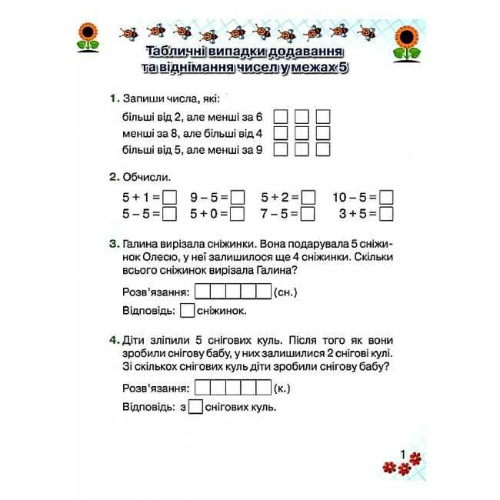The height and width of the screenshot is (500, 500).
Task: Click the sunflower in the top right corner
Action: [x=408, y=42]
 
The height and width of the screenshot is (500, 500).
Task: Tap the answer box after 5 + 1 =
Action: [x=170, y=198]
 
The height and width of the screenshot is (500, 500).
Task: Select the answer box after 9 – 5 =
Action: [x=238, y=198]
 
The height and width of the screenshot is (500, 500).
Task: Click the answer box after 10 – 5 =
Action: [x=387, y=198]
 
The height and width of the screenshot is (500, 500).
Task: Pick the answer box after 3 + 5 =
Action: [x=387, y=214]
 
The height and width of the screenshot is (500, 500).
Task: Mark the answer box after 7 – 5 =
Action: [x=308, y=214]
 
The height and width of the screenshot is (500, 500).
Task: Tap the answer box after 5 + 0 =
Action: [x=238, y=214]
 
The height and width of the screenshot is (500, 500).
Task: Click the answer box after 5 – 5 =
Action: [x=170, y=214]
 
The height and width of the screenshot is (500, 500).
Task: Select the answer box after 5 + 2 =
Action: [x=308, y=198]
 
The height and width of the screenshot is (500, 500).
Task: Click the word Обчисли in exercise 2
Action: [x=147, y=177]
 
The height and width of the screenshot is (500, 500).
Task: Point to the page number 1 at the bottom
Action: [x=402, y=455]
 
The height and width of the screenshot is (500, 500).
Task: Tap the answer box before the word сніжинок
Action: [x=187, y=312]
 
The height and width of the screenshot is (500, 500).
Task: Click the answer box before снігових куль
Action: [x=195, y=407]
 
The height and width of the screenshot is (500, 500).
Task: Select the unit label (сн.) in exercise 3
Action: [x=285, y=292]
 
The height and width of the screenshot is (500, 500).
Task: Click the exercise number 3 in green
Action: [x=113, y=245]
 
